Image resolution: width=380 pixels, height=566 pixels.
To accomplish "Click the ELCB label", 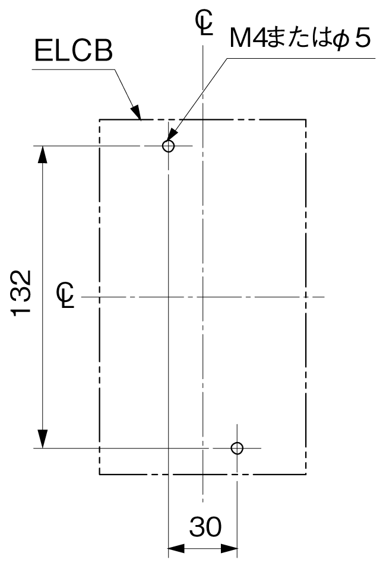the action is click(74, 50).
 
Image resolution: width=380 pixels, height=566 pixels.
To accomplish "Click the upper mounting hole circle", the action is click(168, 146).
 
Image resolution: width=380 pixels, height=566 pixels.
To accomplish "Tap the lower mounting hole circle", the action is click(237, 449).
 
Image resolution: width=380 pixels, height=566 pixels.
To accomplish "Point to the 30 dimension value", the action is click(205, 527).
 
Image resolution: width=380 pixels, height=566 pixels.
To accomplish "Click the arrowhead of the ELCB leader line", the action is click(136, 112).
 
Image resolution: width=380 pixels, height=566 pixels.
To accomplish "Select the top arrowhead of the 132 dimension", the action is click(43, 155).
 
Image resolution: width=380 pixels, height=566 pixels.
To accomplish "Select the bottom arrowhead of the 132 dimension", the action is click(43, 439).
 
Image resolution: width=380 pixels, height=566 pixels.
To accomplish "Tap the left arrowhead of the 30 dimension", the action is click(176, 549).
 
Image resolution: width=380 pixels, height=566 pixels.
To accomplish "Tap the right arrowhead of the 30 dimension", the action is click(229, 549).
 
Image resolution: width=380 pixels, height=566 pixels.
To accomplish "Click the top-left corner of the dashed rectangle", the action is click(100, 119).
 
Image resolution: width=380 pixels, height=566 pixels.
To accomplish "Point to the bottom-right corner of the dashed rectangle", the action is click(306, 474).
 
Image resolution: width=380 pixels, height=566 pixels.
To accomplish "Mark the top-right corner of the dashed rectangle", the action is click(306, 119).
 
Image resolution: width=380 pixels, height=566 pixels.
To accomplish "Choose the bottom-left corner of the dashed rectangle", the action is click(100, 474).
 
